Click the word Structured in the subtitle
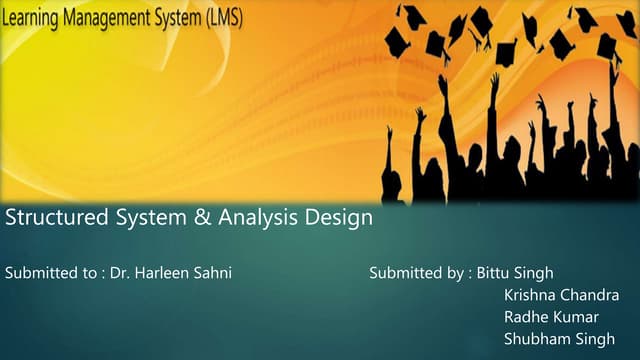point(50,218)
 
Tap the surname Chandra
point(590,295)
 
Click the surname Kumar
point(575,317)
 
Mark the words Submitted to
point(50,273)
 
